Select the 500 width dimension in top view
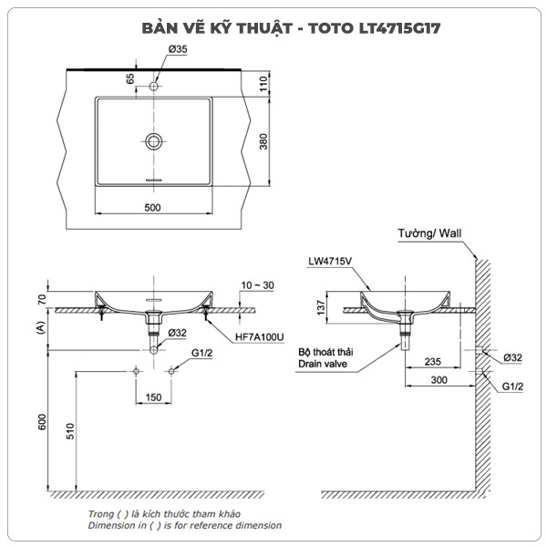tap(152, 208)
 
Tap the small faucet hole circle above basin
tap(153, 88)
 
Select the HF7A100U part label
tap(257, 335)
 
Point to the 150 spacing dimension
tap(153, 397)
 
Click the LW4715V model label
tap(330, 262)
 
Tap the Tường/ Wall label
tap(430, 234)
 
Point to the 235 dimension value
tap(433, 361)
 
